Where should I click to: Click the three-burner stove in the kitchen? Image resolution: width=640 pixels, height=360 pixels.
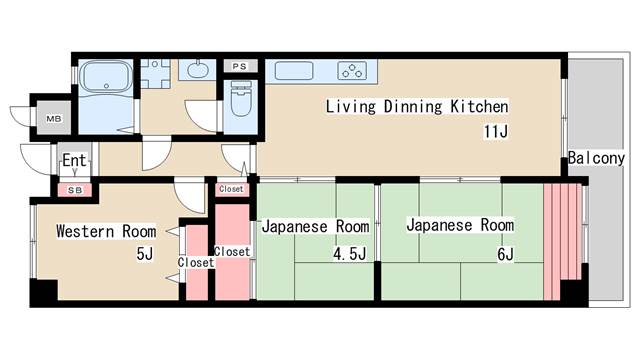coord(352,70)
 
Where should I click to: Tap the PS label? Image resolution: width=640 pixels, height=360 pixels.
coord(239,66)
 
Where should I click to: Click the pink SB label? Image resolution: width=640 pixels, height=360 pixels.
coord(75,188)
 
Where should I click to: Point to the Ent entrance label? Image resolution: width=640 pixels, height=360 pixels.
coord(74,161)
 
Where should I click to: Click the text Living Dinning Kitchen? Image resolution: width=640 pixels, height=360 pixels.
coord(417,107)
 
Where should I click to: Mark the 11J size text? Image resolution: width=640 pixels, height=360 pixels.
coord(497,131)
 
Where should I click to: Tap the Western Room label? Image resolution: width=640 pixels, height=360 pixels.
coord(105,231)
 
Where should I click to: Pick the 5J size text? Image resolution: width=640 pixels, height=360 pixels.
coord(145,254)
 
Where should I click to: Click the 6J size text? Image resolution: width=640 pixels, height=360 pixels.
coord(504,254)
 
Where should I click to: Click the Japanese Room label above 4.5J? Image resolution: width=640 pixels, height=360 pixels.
coord(315,226)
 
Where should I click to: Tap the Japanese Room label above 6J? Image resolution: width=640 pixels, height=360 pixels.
coord(460,225)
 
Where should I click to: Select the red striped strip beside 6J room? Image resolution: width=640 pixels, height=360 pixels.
coord(561,240)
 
